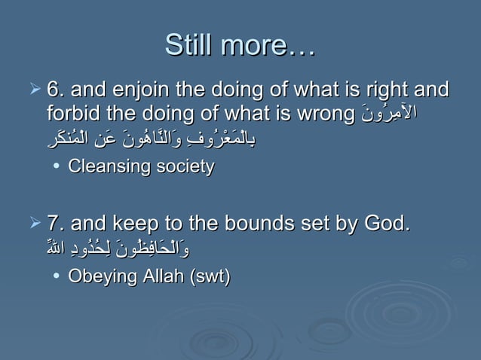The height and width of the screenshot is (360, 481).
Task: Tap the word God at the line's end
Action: [x=384, y=224]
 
